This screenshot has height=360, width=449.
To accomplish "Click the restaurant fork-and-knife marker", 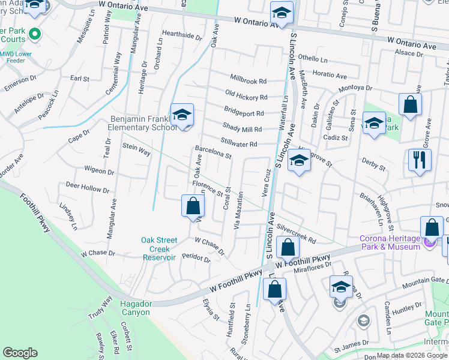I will click(420, 160).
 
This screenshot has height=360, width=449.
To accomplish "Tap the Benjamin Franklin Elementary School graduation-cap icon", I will click(182, 115).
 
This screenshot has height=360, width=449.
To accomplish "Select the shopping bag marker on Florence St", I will click(192, 206).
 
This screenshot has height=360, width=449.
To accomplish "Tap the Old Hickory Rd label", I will click(246, 94).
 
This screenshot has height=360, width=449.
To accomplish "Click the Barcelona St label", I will click(212, 152).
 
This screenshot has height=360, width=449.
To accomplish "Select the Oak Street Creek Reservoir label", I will click(159, 249).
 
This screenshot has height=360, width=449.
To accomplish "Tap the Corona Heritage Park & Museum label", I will click(390, 242).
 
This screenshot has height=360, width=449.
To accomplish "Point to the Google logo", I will click(20, 353).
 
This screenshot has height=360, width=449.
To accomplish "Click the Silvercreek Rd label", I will click(297, 235).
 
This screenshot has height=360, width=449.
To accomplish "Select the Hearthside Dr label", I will click(182, 36).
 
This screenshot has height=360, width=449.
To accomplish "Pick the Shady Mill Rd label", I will click(242, 128).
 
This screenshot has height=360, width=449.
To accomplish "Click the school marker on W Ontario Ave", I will click(280, 12).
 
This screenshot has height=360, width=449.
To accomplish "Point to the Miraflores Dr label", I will click(312, 268).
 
